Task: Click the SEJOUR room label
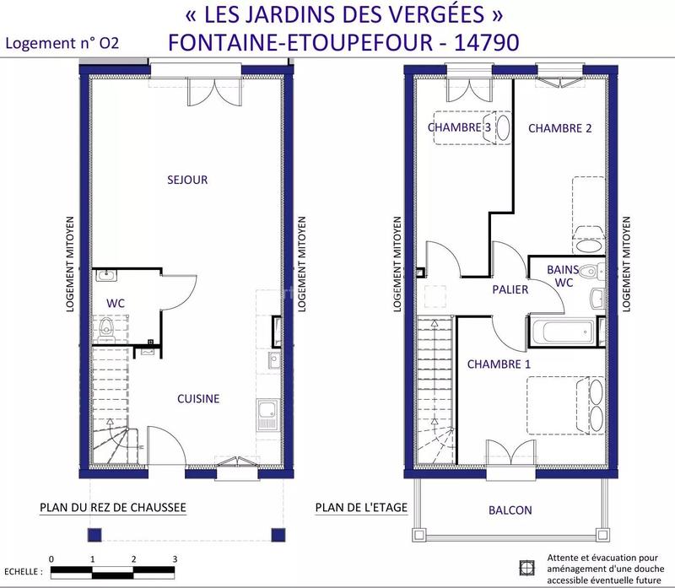(x=187, y=180)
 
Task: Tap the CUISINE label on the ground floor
(x=198, y=398)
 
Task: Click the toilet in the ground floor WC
(x=106, y=327)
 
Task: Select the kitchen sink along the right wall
(x=267, y=413)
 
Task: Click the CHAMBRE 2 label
(x=559, y=128)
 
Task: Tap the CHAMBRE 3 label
(x=460, y=127)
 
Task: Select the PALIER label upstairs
(x=510, y=289)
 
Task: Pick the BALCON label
(x=510, y=510)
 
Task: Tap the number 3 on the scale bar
(x=175, y=559)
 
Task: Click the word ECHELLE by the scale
(x=22, y=572)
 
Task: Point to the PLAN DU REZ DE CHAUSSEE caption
(x=112, y=508)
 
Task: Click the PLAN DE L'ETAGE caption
(x=361, y=508)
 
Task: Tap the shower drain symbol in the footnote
(x=528, y=567)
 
